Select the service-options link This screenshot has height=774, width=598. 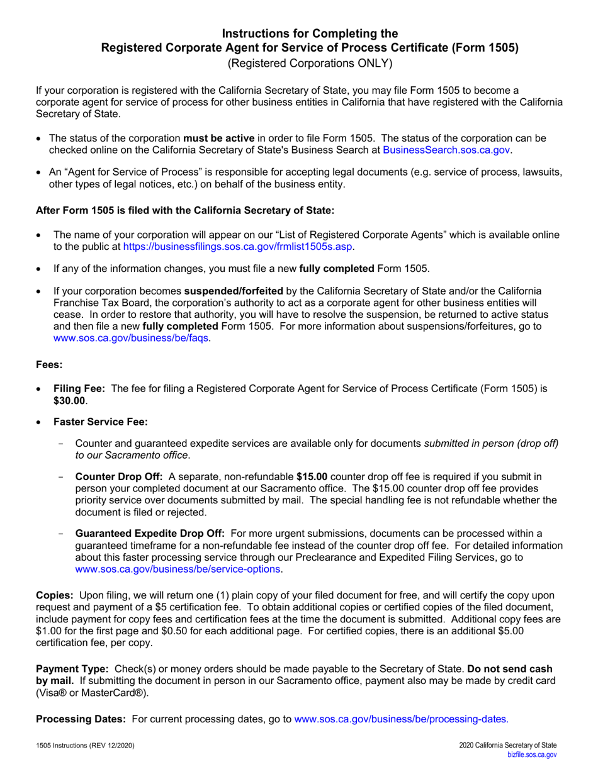tap(179, 569)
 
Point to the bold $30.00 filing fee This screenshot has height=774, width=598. tap(70, 400)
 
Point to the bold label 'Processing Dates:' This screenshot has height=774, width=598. tap(82, 718)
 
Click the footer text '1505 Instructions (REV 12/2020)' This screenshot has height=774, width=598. tap(84, 746)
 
